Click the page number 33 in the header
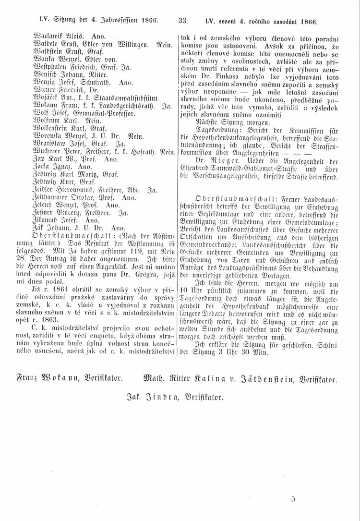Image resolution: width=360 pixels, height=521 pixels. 182,21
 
